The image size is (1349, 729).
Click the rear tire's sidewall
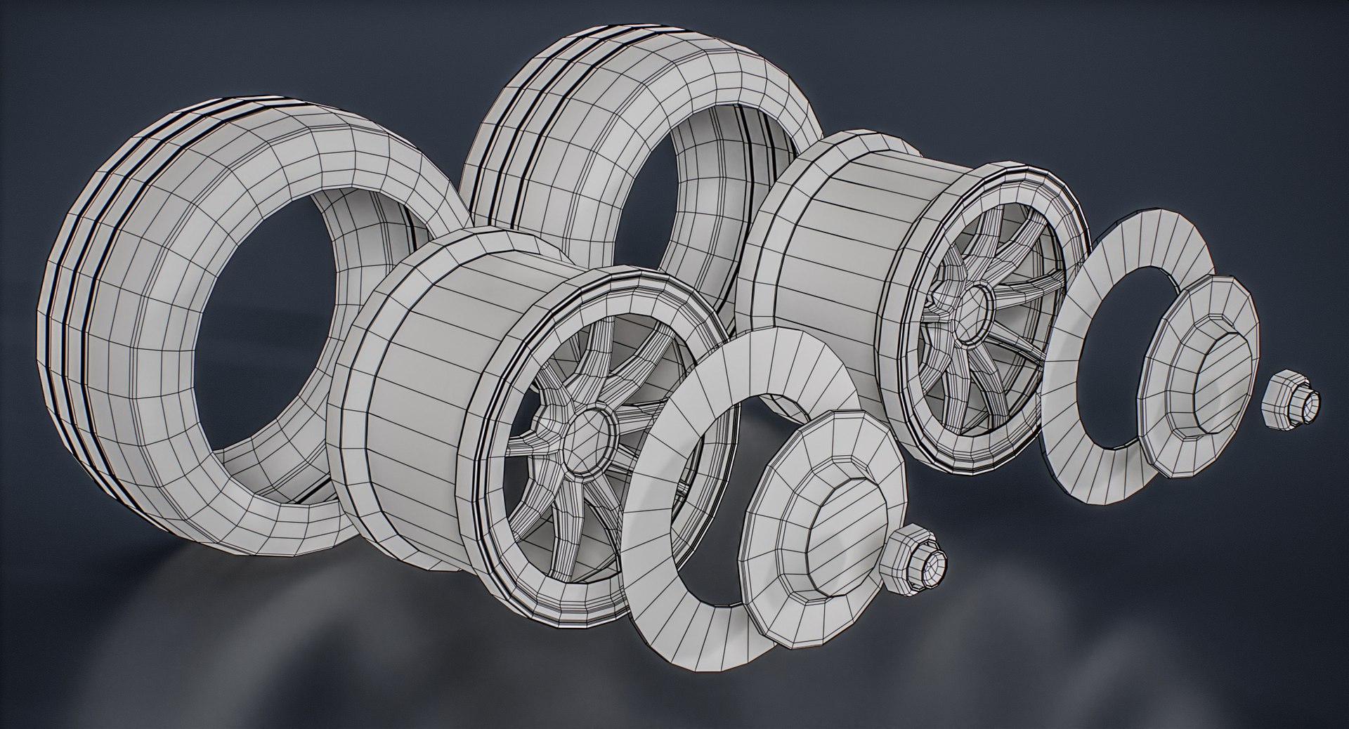(618, 105)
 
